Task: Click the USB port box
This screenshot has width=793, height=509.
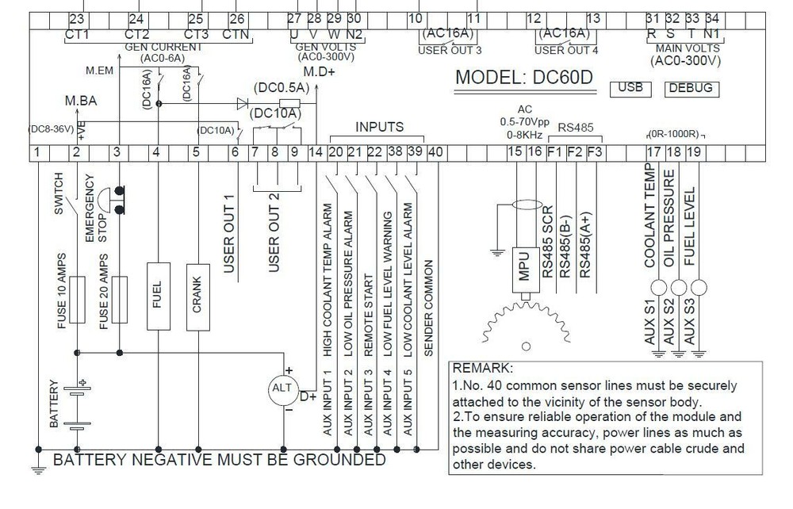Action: (x=630, y=89)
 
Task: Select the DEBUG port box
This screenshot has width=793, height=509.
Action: (x=691, y=89)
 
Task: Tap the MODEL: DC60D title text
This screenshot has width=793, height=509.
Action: (x=524, y=78)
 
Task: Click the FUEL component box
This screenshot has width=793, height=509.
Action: (x=159, y=296)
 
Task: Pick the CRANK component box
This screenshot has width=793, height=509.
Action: (x=197, y=297)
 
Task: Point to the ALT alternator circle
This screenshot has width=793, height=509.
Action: (x=283, y=390)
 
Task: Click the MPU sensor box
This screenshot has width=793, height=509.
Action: (x=526, y=270)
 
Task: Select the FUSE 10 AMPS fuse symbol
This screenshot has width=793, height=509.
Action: (x=77, y=299)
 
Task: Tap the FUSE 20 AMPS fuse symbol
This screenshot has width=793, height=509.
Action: (x=120, y=299)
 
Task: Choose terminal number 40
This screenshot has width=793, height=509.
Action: (x=435, y=152)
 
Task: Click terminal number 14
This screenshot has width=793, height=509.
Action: (x=316, y=152)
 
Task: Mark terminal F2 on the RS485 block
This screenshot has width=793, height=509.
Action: (x=575, y=152)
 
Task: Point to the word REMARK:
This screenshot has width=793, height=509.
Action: (x=482, y=368)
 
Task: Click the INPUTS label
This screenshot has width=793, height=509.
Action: (x=379, y=127)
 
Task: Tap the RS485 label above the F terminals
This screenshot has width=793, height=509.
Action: (x=576, y=128)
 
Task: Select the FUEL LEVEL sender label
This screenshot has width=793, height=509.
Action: (x=689, y=226)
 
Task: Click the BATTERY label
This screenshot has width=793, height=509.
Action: (x=54, y=404)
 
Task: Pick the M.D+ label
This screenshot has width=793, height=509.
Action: (x=319, y=72)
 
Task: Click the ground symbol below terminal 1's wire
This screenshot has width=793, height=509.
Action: (x=38, y=470)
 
